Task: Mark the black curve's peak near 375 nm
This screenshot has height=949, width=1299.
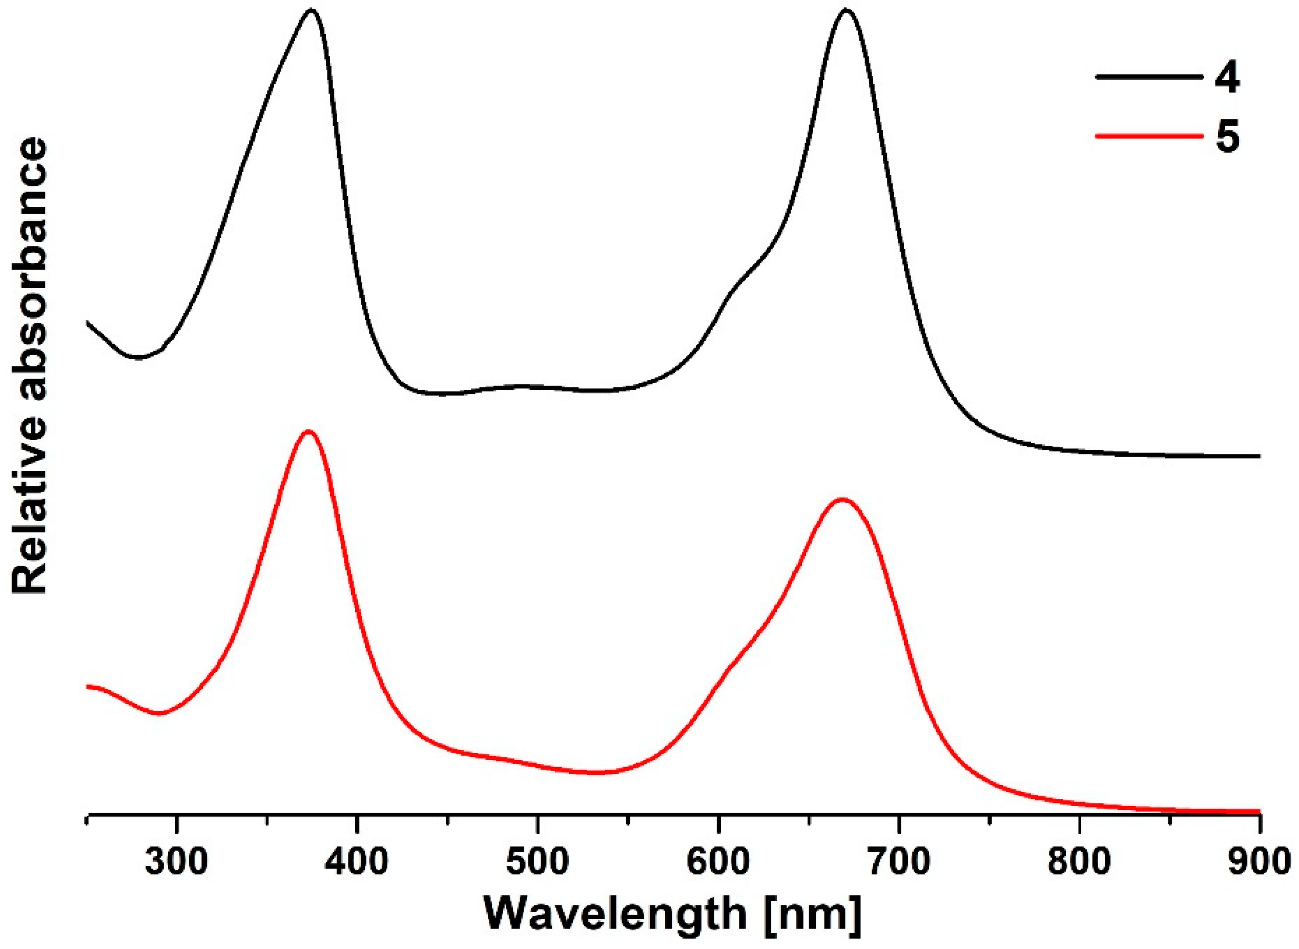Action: click(312, 10)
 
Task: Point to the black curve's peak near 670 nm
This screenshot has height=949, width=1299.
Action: click(844, 10)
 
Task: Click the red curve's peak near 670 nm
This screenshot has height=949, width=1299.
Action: click(842, 500)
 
